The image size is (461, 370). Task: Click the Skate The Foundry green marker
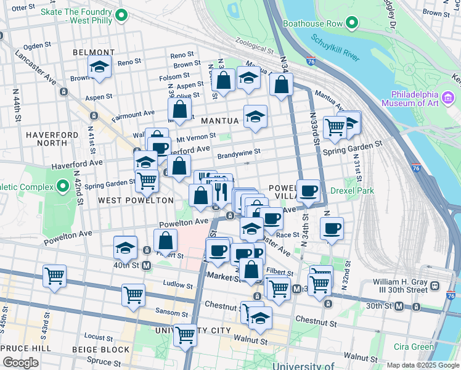coord(121,16)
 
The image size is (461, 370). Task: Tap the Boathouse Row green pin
coord(352,24)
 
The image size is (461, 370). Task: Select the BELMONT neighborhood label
coord(94,52)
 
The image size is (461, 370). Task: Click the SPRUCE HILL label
coord(22,348)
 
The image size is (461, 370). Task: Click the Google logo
coord(20,363)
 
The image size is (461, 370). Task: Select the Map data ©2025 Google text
coord(422,365)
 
